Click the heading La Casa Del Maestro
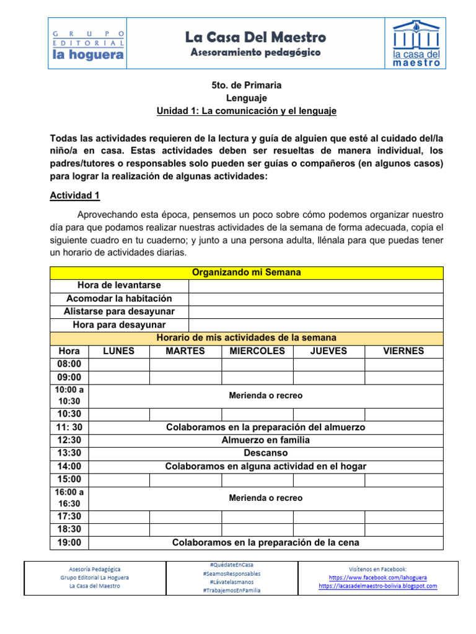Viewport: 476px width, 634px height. pos(255,37)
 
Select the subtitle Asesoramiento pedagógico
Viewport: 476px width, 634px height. pos(255,53)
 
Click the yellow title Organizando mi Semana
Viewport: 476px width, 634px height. pos(246,272)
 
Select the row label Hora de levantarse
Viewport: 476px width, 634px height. pos(119,285)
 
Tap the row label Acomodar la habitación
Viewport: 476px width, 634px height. pos(119,298)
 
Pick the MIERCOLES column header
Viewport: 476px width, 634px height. pos(257,351)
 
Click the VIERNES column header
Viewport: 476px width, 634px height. pos(403,351)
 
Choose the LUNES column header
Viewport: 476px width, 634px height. pos(118,351)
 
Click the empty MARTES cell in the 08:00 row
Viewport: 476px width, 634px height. pos(185,364)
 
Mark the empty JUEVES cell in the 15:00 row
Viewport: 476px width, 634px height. pos(328,479)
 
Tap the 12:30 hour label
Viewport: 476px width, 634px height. pos(69,440)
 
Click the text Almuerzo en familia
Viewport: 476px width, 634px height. pos(265,440)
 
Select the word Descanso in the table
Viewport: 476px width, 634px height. pos(265,453)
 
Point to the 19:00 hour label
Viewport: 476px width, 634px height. pos(69,543)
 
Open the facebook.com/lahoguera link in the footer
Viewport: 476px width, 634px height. pos(377,577)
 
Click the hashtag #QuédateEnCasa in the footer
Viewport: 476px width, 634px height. pos(231,565)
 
